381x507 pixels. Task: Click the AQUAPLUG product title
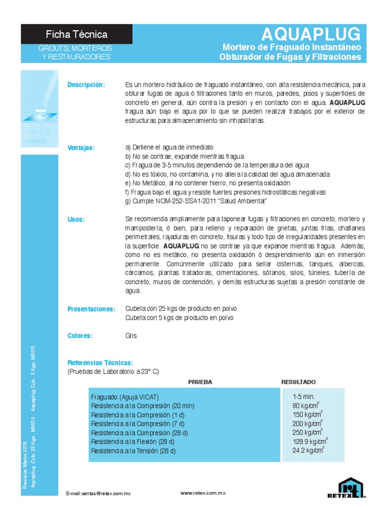click(x=312, y=34)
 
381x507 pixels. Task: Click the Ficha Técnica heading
click(x=76, y=34)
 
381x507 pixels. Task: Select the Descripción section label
click(x=86, y=85)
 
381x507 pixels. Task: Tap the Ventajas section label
click(x=81, y=148)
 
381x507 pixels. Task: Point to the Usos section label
click(x=76, y=219)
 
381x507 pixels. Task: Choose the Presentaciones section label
click(x=91, y=309)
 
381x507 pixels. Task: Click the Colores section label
click(x=80, y=336)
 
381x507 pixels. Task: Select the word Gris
click(x=131, y=336)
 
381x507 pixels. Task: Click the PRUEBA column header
click(x=200, y=382)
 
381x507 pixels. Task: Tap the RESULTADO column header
click(x=298, y=382)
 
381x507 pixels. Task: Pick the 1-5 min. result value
click(x=304, y=396)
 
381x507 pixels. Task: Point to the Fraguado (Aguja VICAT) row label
click(x=124, y=397)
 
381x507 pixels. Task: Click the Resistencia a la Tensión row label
click(x=133, y=451)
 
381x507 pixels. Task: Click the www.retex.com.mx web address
click(x=203, y=493)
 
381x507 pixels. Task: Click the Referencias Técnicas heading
click(x=100, y=363)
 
